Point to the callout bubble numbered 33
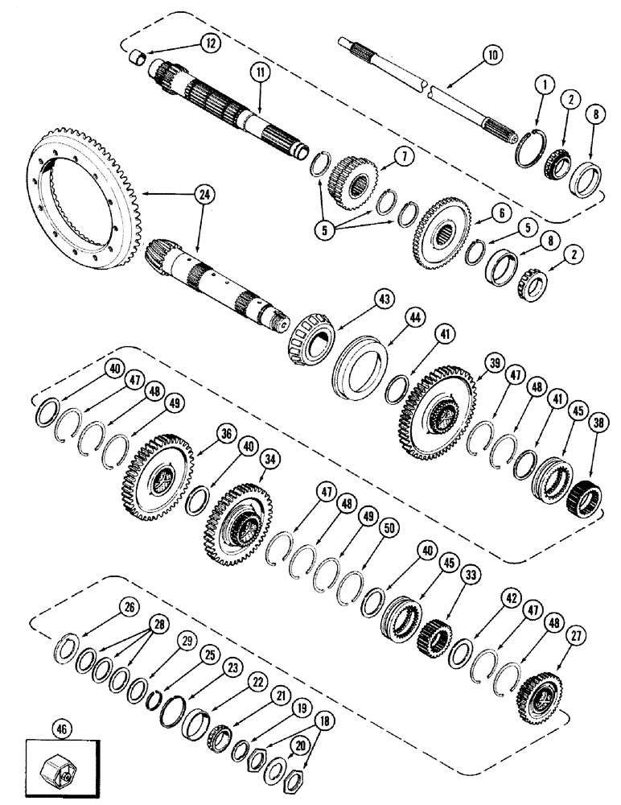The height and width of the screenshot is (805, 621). coord(467,576)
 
